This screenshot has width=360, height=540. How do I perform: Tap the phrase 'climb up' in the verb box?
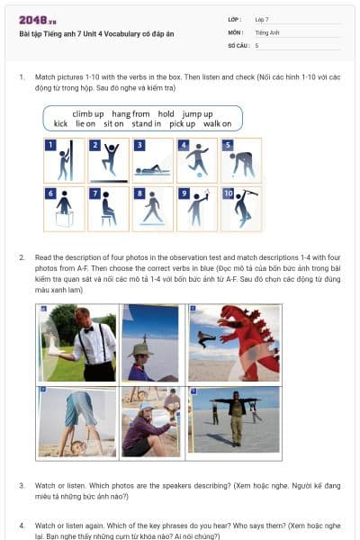tap(88, 113)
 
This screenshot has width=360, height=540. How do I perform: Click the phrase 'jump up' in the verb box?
tap(197, 113)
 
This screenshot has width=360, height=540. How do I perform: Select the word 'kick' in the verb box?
tap(60, 123)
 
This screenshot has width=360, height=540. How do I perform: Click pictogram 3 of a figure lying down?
tap(152, 160)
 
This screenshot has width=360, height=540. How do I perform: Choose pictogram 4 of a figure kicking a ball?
tap(196, 160)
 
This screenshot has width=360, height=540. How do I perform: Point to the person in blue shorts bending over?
tap(76, 418)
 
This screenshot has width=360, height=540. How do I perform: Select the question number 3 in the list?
tap(22, 485)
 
